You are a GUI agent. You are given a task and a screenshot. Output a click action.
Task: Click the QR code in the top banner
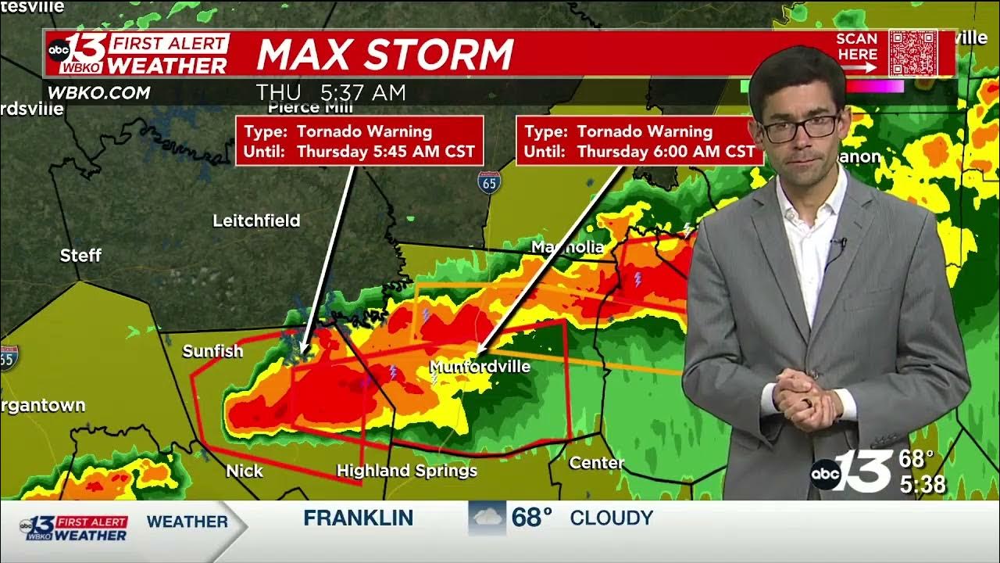pos(912,52)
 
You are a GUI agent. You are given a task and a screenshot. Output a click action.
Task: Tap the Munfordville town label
pos(480,366)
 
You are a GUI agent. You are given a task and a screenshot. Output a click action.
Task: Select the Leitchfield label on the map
pos(256,221)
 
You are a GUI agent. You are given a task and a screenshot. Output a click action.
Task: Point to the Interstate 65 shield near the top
pos(489,183)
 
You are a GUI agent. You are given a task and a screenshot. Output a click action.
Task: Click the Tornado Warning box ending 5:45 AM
pos(359,142)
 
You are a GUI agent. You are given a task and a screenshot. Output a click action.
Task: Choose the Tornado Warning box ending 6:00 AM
pos(640,142)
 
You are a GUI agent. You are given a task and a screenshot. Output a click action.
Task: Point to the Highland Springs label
pos(406,471)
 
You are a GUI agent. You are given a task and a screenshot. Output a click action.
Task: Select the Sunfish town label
pos(212,352)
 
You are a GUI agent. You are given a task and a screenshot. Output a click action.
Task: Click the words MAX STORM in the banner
pos(384,55)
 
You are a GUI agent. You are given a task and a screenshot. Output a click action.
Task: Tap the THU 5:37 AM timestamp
pos(331,93)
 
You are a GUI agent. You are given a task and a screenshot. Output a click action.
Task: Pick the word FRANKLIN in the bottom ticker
pos(359,518)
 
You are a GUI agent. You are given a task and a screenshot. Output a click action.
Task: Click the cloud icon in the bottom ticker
pos(487,518)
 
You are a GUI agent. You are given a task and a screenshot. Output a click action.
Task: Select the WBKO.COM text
pos(98,93)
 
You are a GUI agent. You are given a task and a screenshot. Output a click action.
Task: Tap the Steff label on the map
pos(81,256)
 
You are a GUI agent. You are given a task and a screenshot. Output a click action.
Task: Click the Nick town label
pos(245,471)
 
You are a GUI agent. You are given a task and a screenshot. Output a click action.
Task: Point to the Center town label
pos(596,463)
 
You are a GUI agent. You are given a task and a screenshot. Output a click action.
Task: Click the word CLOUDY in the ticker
pos(611,518)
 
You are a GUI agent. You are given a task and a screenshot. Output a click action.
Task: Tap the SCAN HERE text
pos(857,47)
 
